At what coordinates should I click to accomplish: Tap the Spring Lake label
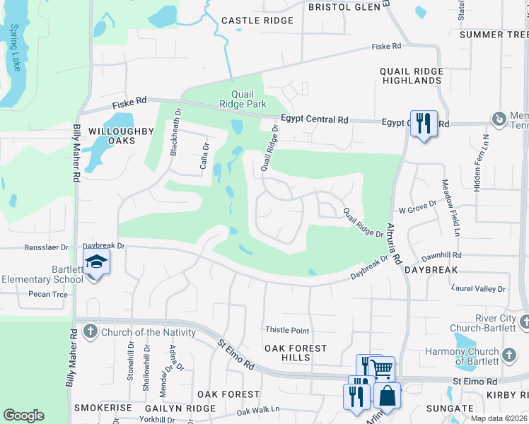pos(15,48)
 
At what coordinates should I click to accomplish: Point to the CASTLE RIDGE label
pos(257,20)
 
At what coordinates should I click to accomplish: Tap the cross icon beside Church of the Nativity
pos(90,331)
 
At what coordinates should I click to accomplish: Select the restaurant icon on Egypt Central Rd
pos(424,124)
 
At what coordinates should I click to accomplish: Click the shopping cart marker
pos(382,368)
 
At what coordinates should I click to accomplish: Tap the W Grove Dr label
pos(418,210)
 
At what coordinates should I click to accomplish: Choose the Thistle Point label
pos(287,330)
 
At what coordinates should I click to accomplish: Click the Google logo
pos(23,416)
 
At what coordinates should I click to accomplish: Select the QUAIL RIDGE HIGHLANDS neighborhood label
pos(410,76)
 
